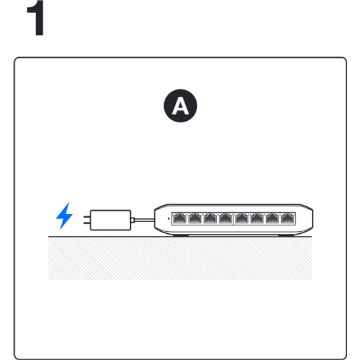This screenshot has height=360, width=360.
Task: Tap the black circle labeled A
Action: tap(180, 106)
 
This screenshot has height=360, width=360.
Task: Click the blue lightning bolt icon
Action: tap(64, 216)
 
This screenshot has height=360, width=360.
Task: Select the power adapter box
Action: tap(110, 220)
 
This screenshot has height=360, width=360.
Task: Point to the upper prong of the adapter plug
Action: tap(87, 217)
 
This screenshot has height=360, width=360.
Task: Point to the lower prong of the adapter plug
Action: tap(87, 223)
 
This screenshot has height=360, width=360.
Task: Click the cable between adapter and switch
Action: tap(144, 220)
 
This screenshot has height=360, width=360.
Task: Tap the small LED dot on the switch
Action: tap(169, 219)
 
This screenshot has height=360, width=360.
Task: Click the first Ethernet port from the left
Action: tap(179, 218)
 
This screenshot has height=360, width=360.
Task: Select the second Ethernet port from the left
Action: tap(194, 218)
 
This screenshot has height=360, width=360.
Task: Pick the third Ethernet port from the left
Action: tap(210, 218)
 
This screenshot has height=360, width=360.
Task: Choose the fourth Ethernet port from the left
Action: tap(225, 218)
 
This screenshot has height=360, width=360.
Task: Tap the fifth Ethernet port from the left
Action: tap(242, 218)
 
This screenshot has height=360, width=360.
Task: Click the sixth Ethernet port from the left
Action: tap(257, 218)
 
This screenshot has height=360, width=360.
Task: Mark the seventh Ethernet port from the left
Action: tap(273, 218)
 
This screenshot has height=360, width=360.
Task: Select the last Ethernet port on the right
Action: tap(288, 218)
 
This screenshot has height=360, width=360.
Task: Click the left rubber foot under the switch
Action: tap(181, 235)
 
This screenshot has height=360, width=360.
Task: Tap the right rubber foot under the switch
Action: tap(286, 235)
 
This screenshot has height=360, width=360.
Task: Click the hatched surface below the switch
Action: tap(180, 259)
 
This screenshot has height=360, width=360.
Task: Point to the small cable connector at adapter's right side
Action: tap(133, 220)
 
